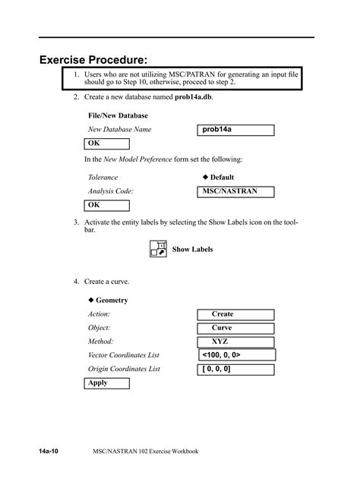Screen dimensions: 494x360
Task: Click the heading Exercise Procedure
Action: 93,58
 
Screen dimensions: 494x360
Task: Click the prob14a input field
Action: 235,130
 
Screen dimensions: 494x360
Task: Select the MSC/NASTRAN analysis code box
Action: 235,191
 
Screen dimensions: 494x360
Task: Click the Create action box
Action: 223,314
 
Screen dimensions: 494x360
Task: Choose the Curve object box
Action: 223,328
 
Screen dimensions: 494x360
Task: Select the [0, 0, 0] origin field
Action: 235,369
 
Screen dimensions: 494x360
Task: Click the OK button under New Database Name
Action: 107,143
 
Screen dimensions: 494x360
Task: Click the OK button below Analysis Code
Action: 107,205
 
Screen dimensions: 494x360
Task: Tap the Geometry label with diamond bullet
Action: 109,300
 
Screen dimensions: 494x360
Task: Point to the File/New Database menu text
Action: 118,115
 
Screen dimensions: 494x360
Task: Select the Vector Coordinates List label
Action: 124,355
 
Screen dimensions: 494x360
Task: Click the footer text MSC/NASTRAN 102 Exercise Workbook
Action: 145,451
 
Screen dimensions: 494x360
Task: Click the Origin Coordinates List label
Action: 124,369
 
